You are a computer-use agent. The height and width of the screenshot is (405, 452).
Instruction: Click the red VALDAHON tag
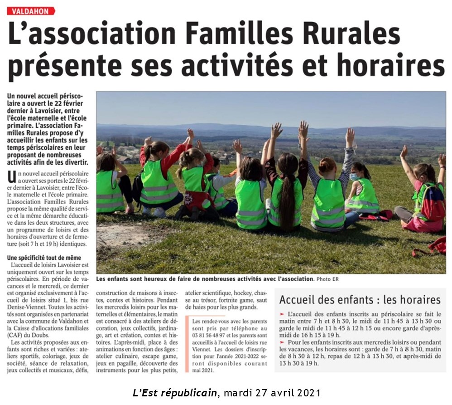point(31,11)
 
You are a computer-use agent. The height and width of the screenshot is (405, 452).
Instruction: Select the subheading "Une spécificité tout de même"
point(44,258)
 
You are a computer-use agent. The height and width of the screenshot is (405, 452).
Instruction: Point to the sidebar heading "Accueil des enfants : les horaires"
point(360,300)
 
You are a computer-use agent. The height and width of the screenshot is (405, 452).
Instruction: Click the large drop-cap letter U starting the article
point(11,176)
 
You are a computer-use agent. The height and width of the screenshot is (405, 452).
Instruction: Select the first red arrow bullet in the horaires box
point(282,314)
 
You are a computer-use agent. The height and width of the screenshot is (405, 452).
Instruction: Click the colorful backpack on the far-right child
point(433,203)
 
